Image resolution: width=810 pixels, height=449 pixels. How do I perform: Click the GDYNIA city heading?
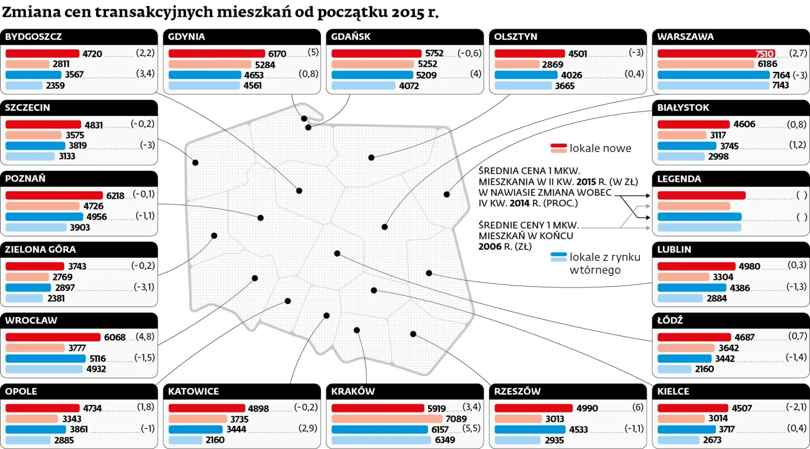click(x=186, y=36)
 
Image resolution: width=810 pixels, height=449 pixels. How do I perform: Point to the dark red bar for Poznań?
click(x=54, y=196)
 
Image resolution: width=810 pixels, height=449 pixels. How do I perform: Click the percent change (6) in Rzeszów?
click(x=638, y=407)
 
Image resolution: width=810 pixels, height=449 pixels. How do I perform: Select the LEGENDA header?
click(x=679, y=179)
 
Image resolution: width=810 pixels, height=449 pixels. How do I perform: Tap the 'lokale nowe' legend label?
click(x=601, y=148)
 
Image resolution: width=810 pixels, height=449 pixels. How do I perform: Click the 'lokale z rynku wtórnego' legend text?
click(x=605, y=264)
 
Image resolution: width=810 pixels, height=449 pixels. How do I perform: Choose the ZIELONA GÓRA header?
click(x=41, y=250)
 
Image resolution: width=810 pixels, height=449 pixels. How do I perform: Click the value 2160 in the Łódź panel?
click(x=704, y=369)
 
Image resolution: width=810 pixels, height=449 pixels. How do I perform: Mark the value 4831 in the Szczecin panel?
click(x=93, y=125)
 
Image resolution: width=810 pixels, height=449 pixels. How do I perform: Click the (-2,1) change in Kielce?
click(x=797, y=407)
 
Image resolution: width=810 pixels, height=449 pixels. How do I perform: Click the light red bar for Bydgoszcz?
click(x=27, y=64)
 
